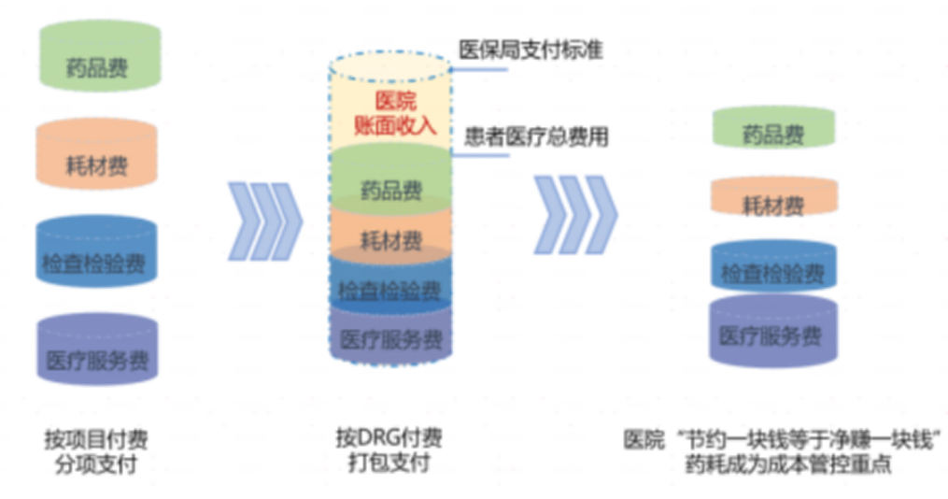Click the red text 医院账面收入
coord(390,112)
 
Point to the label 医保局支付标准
coord(531,50)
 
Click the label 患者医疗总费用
coord(536,137)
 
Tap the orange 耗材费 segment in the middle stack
coord(390,239)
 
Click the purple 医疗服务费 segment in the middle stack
coord(390,336)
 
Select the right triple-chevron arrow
coord(575,214)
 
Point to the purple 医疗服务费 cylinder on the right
coord(772,333)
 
